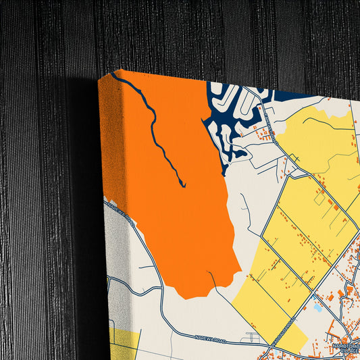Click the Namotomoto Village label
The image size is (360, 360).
[346, 349]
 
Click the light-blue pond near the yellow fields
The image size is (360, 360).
[318, 308]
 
